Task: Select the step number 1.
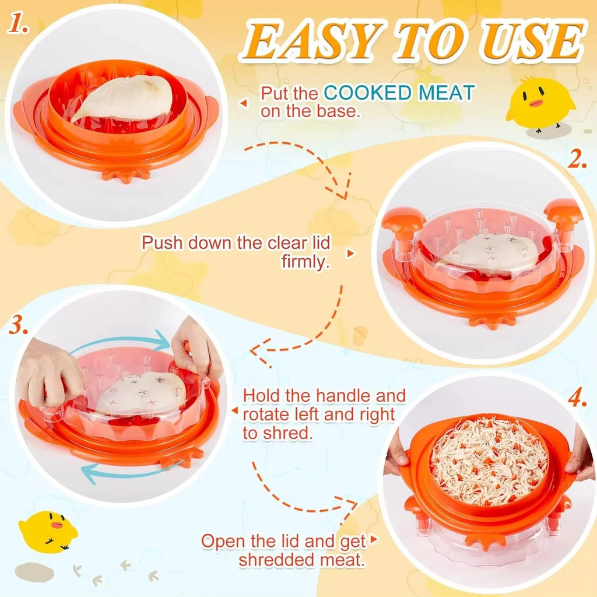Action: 17,23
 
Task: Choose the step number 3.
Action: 18,325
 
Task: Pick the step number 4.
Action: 577,399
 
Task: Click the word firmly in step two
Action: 305,262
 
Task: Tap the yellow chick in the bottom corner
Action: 47,531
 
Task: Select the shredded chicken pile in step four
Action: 489,460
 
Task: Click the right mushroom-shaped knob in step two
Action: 564,221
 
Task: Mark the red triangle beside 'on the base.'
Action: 244,103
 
